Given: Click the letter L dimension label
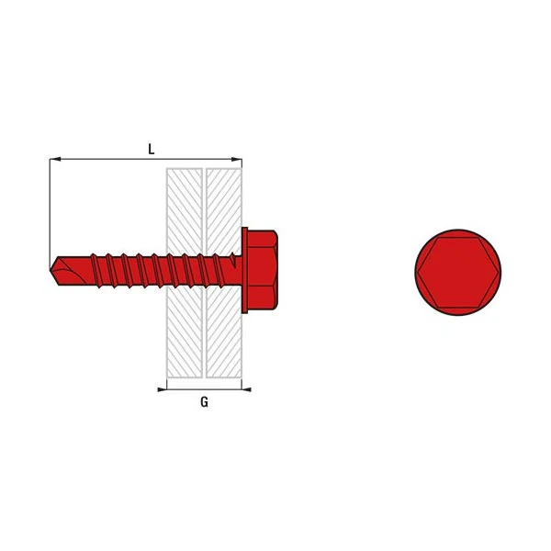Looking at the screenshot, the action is [152, 149].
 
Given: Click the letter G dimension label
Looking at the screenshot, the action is [204, 402].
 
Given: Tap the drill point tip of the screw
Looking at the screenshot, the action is [51, 270].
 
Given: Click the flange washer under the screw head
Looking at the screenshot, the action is [244, 270].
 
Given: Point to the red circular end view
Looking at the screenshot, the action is [458, 273].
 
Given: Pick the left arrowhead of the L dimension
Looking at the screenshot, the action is [55, 160].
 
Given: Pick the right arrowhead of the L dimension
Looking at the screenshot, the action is [237, 160].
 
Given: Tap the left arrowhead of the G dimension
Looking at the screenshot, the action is [162, 389].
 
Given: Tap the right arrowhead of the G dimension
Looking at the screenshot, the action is [246, 389].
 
